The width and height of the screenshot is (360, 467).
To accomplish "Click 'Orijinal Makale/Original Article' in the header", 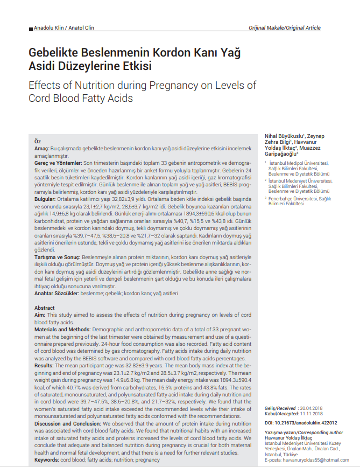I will pyautogui.click(x=285, y=28).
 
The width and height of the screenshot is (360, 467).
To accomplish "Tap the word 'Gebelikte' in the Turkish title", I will pyautogui.click(x=55, y=53).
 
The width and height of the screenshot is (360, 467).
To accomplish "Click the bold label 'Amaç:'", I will pyautogui.click(x=42, y=148).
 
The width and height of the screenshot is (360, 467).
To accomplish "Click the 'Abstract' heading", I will pyautogui.click(x=45, y=308).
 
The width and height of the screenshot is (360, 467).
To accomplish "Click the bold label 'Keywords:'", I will pyautogui.click(x=46, y=461).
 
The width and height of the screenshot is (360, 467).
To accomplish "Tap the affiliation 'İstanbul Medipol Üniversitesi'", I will pyautogui.click(x=299, y=163).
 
